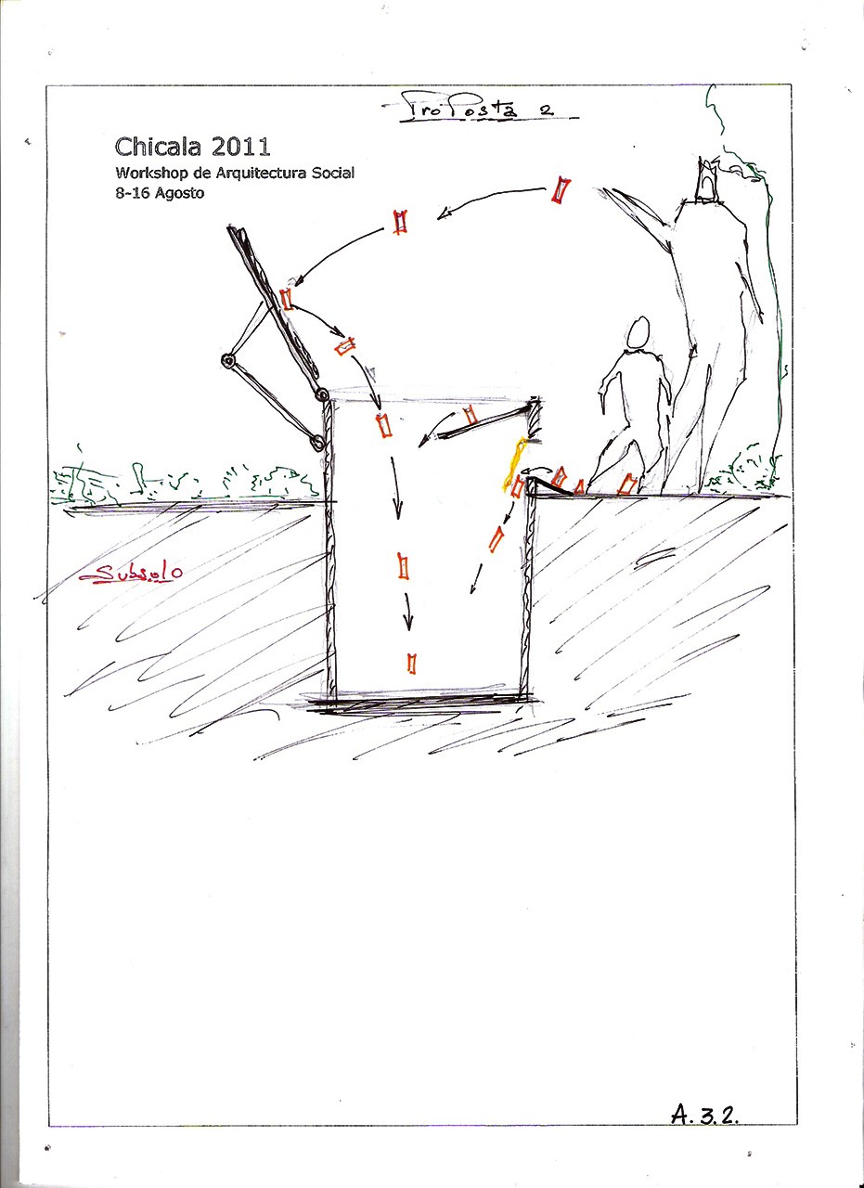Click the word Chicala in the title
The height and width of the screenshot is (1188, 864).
[x=158, y=147]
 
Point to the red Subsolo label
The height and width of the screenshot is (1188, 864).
[x=131, y=573]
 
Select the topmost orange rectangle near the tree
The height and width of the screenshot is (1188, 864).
[x=561, y=191]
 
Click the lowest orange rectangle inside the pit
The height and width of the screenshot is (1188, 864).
[x=411, y=664]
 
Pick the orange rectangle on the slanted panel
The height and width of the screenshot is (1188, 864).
[x=287, y=300]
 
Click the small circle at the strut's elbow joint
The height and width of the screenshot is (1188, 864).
[x=228, y=361]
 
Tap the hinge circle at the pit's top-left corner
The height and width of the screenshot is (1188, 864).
[x=321, y=394]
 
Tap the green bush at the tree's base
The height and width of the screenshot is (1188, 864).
[x=745, y=469]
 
